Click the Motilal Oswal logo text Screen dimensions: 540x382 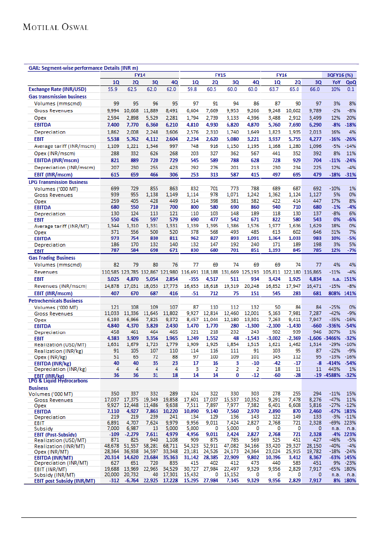click(x=55, y=27)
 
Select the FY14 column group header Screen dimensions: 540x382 click(x=139, y=74)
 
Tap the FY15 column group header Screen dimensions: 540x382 click(x=220, y=74)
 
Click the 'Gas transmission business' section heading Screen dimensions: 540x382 click(x=57, y=97)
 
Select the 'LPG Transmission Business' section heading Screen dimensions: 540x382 click(x=58, y=182)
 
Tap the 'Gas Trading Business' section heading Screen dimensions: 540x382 click(x=52, y=258)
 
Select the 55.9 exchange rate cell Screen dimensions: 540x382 click(x=113, y=89)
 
